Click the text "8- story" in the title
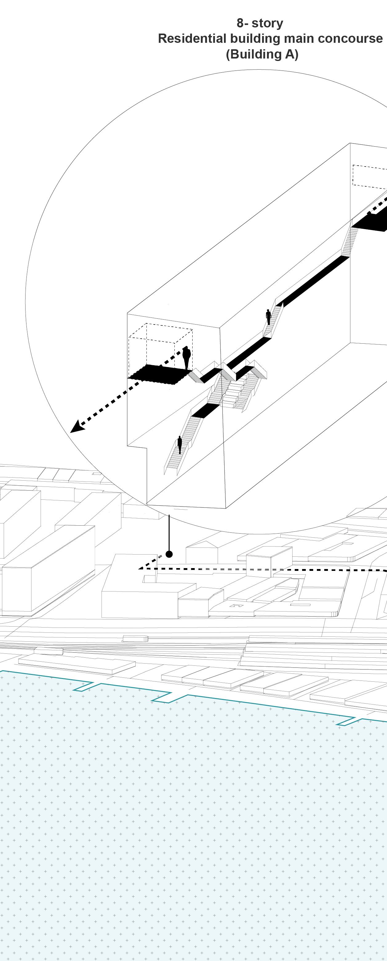click(260, 23)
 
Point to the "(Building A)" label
click(262, 55)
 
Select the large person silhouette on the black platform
click(186, 357)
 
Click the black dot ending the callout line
click(169, 554)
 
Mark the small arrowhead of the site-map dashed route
click(142, 568)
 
